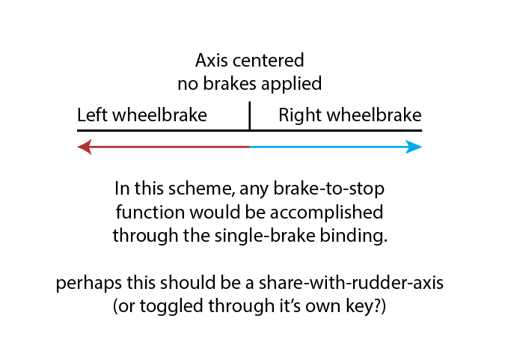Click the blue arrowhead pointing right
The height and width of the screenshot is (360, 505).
coord(414,147)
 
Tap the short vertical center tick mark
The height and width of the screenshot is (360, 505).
coord(249,117)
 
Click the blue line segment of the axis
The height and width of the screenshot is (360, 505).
coord(329,147)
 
